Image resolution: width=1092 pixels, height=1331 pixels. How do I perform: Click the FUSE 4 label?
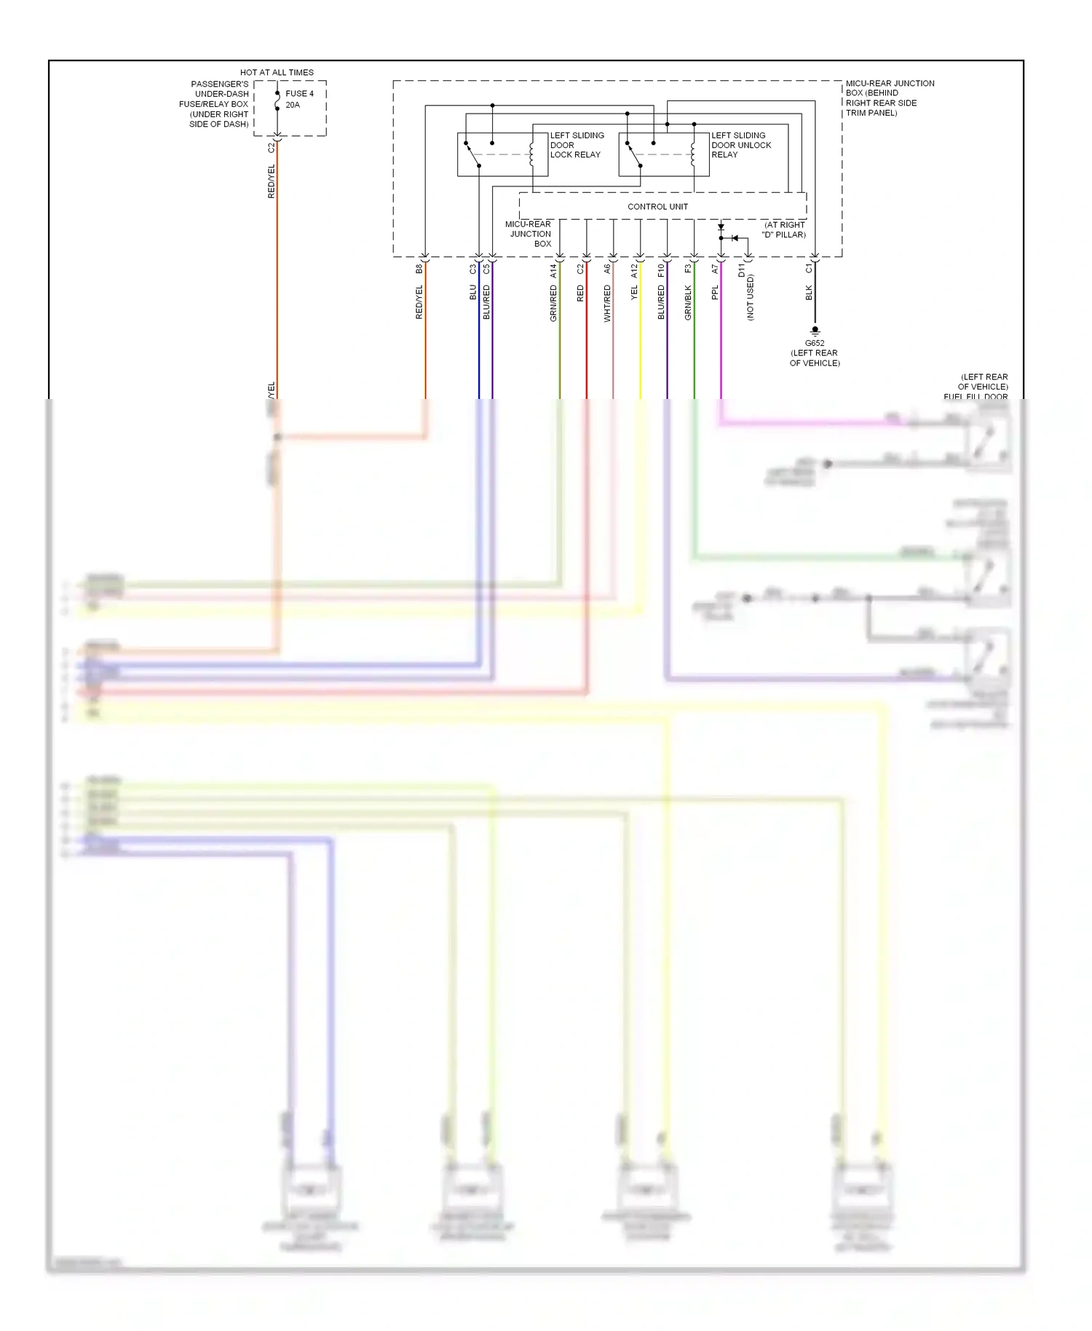pos(299,93)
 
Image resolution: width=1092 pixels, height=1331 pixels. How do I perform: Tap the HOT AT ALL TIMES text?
pos(277,72)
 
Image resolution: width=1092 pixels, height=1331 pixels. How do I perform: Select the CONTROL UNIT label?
pos(657,207)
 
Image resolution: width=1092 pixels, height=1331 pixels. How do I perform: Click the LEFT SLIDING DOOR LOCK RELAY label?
pos(577,145)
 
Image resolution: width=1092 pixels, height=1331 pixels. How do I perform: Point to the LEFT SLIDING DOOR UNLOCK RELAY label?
pos(740,145)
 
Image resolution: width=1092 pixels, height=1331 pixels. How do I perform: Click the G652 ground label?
pos(815,343)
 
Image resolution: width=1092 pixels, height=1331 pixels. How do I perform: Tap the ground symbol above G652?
pos(815,331)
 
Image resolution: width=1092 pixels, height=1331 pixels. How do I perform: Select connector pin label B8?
pos(419,269)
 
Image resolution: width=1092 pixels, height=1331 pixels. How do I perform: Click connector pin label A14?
pos(553,271)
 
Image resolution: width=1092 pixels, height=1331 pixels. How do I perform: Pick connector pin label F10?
pos(661,271)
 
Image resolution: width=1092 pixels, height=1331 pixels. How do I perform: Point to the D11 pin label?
pos(742,271)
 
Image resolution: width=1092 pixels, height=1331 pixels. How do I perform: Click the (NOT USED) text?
pos(751,297)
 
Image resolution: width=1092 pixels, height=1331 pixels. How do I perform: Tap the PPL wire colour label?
pos(715,293)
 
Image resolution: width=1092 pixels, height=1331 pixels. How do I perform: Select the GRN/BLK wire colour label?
pos(688,303)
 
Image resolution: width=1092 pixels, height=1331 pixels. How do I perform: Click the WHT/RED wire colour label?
pos(607,304)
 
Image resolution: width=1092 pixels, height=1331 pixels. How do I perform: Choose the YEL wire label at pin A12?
pos(634,293)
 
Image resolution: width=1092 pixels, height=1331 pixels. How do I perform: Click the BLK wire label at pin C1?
pos(809,293)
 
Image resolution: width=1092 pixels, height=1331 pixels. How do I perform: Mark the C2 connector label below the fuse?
pos(272,147)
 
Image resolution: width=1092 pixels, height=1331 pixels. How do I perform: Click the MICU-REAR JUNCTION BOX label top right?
pos(890,98)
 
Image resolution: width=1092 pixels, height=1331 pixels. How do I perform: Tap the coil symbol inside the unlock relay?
pos(693,154)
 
